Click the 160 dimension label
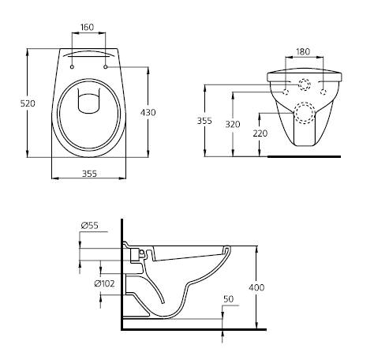pos(88,27)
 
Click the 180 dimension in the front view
pos(303,52)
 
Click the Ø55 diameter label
pos(89,226)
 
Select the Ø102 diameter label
pos(105,283)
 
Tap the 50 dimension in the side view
pos(229,300)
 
